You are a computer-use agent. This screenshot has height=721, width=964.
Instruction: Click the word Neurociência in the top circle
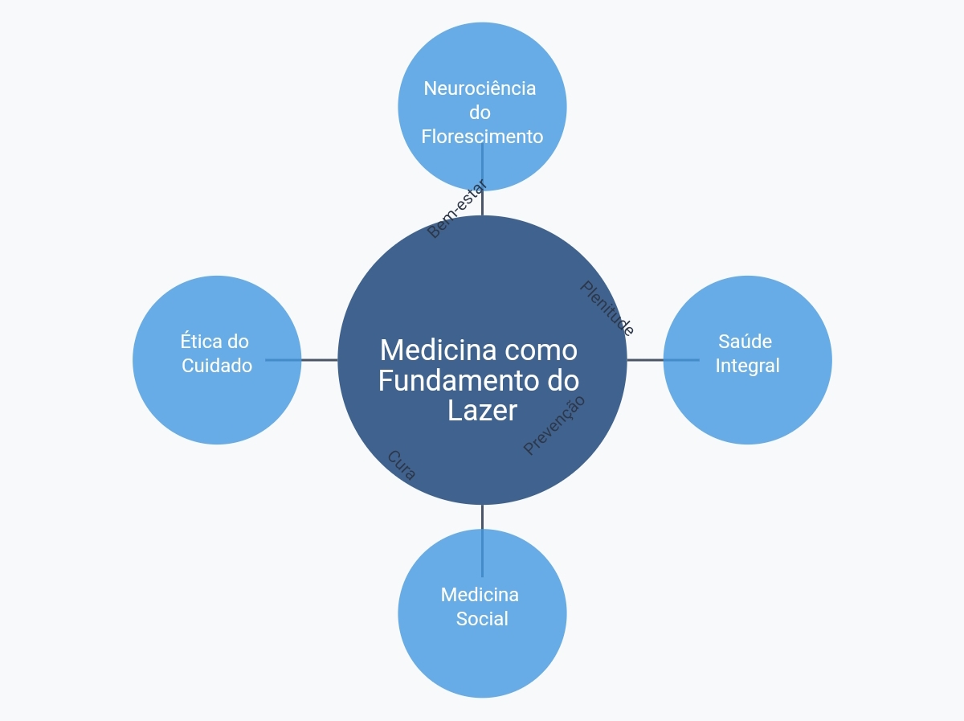[x=480, y=88]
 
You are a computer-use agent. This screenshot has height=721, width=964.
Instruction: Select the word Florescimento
[x=482, y=137]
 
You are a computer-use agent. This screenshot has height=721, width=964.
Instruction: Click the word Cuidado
[x=217, y=366]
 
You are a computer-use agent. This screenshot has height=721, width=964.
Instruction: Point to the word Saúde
[x=745, y=342]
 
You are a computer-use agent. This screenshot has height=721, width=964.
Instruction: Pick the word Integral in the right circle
[x=747, y=366]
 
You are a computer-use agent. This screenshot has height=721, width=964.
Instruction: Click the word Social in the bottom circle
[x=482, y=619]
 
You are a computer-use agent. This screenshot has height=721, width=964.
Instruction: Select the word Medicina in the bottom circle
[x=480, y=595]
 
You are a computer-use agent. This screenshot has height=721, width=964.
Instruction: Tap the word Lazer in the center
[x=482, y=411]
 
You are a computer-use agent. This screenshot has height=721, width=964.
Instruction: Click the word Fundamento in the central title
[x=459, y=380]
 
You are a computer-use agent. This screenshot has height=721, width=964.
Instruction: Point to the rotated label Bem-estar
[x=457, y=209]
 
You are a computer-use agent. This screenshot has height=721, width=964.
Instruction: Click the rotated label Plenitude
[x=607, y=309]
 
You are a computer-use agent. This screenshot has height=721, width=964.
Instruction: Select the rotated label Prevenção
[x=554, y=425]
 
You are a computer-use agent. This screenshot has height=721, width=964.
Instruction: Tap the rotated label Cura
[x=402, y=465]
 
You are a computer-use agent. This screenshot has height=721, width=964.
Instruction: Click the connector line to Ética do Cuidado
[x=301, y=360]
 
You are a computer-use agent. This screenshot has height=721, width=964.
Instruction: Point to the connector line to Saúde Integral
[x=664, y=360]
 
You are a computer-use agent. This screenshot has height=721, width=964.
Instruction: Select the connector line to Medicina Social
[x=482, y=541]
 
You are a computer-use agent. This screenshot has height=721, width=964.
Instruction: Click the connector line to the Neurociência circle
[x=482, y=179]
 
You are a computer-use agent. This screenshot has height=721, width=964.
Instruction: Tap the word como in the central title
[x=541, y=350]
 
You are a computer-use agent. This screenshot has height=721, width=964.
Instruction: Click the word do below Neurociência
[x=480, y=113]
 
